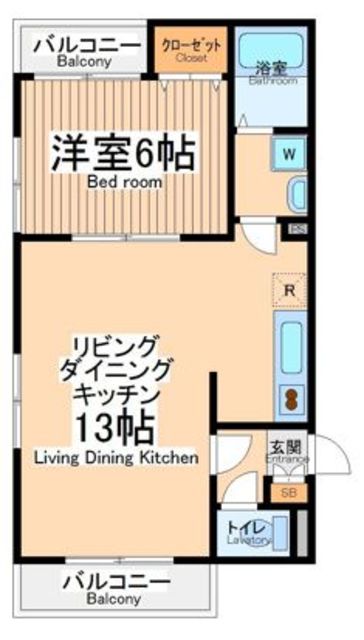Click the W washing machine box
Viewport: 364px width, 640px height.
coord(289,154)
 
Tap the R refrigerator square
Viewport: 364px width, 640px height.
coord(289,290)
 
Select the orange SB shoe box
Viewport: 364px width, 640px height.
coord(288,492)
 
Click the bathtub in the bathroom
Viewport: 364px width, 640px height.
coord(272,50)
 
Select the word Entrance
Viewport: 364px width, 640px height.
coord(287,459)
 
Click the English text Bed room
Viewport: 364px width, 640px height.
coord(124,183)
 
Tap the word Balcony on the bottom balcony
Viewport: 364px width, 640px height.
coord(112,599)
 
